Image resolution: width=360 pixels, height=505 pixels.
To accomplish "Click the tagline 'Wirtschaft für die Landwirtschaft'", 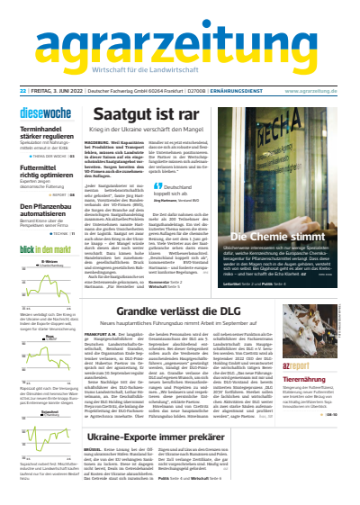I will pyautogui.click(x=179, y=72).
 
